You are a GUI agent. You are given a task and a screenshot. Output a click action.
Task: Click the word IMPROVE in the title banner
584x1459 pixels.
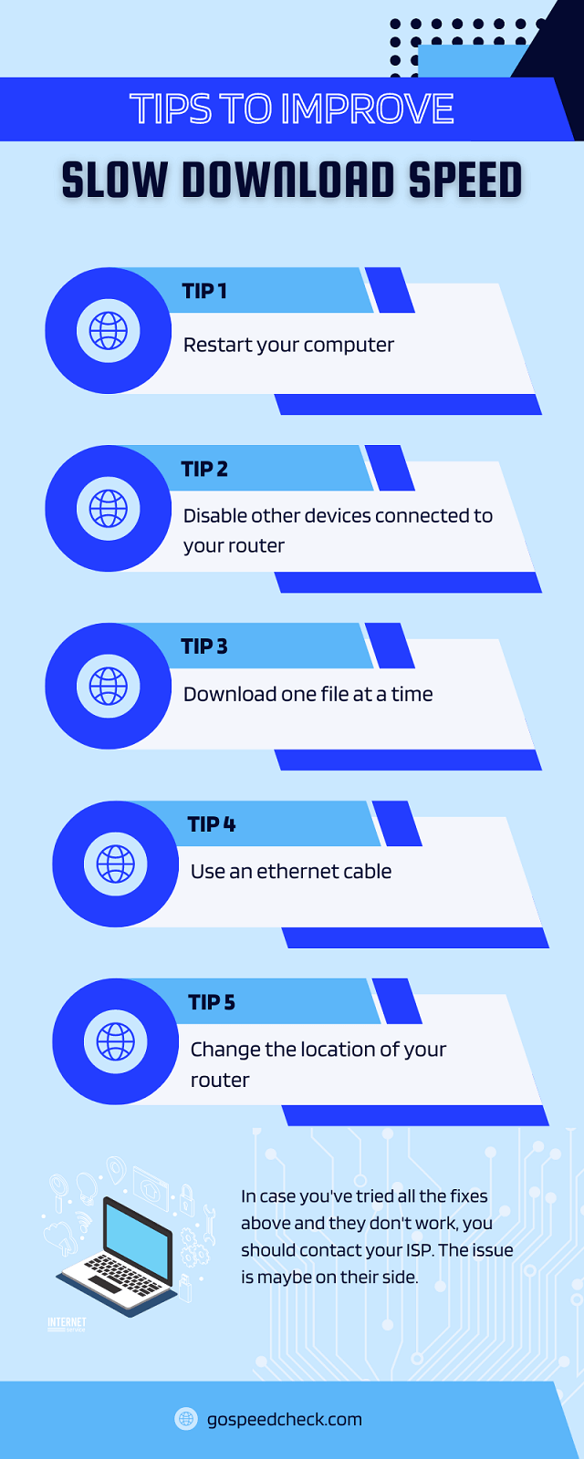(367, 109)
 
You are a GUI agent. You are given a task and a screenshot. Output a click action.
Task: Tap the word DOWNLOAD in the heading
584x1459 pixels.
(287, 180)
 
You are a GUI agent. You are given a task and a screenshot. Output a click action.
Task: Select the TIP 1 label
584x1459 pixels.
(204, 291)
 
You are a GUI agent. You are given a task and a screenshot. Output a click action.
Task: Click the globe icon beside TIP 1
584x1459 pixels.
(109, 331)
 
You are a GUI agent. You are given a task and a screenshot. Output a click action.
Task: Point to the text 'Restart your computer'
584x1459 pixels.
(288, 345)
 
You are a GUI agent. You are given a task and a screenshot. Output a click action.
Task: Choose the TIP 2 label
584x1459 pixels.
(204, 469)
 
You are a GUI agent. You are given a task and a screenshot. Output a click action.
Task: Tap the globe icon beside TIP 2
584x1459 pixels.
(109, 509)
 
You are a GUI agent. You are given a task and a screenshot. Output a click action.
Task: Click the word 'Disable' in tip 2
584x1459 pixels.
(214, 515)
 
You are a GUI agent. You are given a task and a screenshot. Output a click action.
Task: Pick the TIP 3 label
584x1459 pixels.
(204, 647)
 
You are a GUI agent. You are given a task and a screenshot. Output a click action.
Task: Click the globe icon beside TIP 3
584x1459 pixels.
(109, 686)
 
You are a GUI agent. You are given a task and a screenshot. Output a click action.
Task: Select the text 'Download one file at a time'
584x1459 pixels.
(308, 694)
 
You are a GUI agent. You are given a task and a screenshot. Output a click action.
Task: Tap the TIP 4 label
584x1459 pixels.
(212, 824)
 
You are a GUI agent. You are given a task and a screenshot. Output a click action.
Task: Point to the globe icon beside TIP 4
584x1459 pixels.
(115, 864)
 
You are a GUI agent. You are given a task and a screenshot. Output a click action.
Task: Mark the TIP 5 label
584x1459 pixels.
(212, 1002)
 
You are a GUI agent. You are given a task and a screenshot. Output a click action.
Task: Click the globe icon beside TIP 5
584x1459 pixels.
(115, 1041)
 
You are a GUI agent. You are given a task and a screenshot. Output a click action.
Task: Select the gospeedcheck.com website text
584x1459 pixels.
(284, 1419)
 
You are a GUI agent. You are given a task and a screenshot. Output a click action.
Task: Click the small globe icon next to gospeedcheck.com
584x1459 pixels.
(186, 1419)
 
